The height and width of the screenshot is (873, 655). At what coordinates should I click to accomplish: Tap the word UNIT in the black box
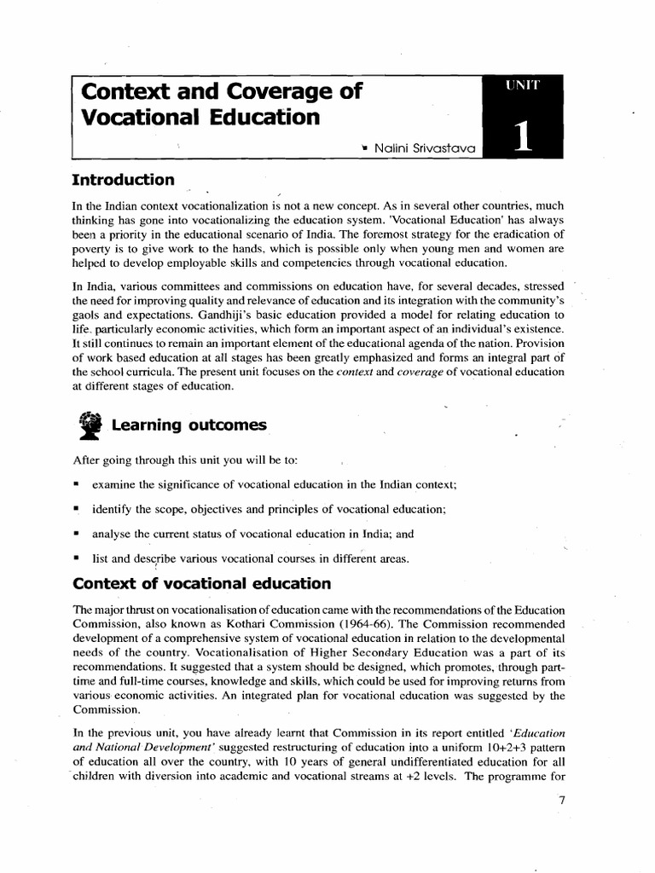pyautogui.click(x=522, y=84)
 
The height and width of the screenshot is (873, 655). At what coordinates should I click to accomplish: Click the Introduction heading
pyautogui.click(x=124, y=180)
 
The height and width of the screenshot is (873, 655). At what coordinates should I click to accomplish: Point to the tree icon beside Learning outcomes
pyautogui.click(x=88, y=425)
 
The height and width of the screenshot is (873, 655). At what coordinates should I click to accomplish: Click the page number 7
pyautogui.click(x=560, y=800)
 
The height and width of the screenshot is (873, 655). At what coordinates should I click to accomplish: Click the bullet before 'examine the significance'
pyautogui.click(x=77, y=485)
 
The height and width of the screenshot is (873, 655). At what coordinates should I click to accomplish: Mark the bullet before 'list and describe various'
pyautogui.click(x=77, y=558)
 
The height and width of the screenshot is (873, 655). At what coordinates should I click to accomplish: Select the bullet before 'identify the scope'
pyautogui.click(x=77, y=509)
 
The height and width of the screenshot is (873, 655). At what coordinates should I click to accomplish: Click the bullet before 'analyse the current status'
pyautogui.click(x=77, y=534)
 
